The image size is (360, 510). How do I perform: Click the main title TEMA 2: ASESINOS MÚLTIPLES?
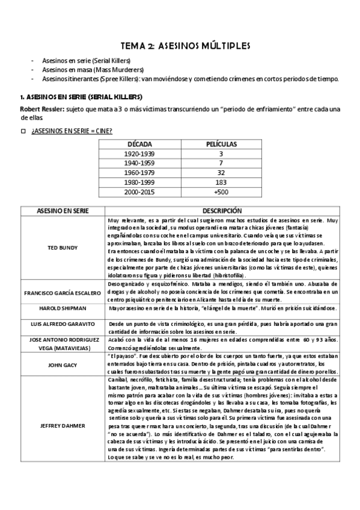click(x=180, y=45)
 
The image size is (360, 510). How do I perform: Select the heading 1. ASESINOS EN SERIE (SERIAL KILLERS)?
click(x=81, y=96)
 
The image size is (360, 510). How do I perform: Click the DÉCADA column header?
click(x=139, y=144)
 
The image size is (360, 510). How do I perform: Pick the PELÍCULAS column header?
click(x=221, y=144)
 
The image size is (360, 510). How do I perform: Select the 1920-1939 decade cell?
click(x=139, y=154)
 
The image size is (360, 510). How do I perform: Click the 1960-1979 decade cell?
click(x=139, y=173)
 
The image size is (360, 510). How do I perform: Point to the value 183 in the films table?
click(x=221, y=182)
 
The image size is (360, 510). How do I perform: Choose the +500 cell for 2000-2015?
click(x=221, y=191)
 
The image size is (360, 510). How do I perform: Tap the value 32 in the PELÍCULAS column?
click(x=221, y=173)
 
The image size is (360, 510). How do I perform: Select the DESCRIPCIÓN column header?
click(x=222, y=211)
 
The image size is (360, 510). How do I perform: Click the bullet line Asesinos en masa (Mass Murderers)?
click(x=89, y=70)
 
